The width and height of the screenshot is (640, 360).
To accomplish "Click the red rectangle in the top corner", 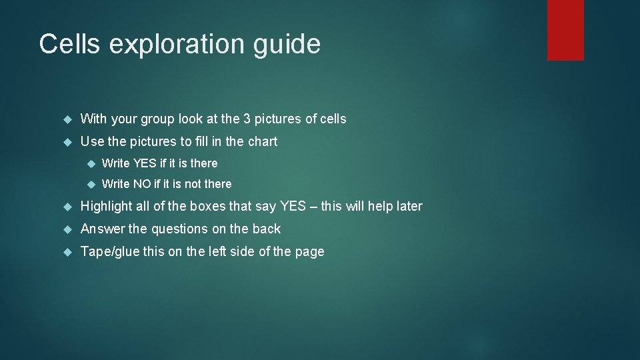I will [565, 30].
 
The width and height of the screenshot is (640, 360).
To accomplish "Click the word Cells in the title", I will [70, 45].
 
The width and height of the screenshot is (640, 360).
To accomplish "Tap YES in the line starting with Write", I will [145, 163].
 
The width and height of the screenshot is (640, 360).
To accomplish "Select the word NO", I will [141, 184].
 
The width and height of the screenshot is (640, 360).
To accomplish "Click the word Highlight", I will [107, 207].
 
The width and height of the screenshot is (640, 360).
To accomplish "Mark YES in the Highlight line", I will [292, 207].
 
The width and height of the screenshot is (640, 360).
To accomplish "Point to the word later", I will [407, 207].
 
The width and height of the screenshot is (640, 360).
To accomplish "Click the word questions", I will [179, 229].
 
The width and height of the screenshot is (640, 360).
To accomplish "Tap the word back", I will [267, 229].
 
